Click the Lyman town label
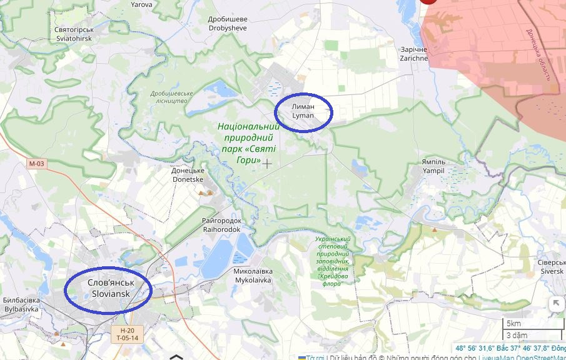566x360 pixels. click(x=303, y=111)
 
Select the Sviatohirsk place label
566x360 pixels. click(x=73, y=34)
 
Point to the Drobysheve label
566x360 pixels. click(x=227, y=24)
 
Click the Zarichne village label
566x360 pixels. click(x=414, y=54)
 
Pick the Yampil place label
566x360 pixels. click(x=433, y=166)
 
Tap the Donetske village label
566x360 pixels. click(x=188, y=174)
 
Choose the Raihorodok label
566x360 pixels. click(x=221, y=225)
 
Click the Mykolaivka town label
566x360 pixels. click(x=253, y=276)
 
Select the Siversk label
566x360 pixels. click(x=551, y=267)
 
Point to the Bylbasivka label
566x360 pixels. click(x=21, y=304)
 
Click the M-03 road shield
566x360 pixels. click(x=37, y=164)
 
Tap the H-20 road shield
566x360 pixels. click(x=127, y=330)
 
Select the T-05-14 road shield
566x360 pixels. click(x=127, y=338)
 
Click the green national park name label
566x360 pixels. click(x=248, y=143)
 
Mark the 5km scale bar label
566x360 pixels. click(x=513, y=323)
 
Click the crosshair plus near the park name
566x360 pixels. click(x=268, y=164)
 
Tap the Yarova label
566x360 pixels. click(x=141, y=4)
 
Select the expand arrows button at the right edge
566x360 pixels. click(x=555, y=304)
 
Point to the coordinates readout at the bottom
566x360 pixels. click(x=509, y=348)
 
